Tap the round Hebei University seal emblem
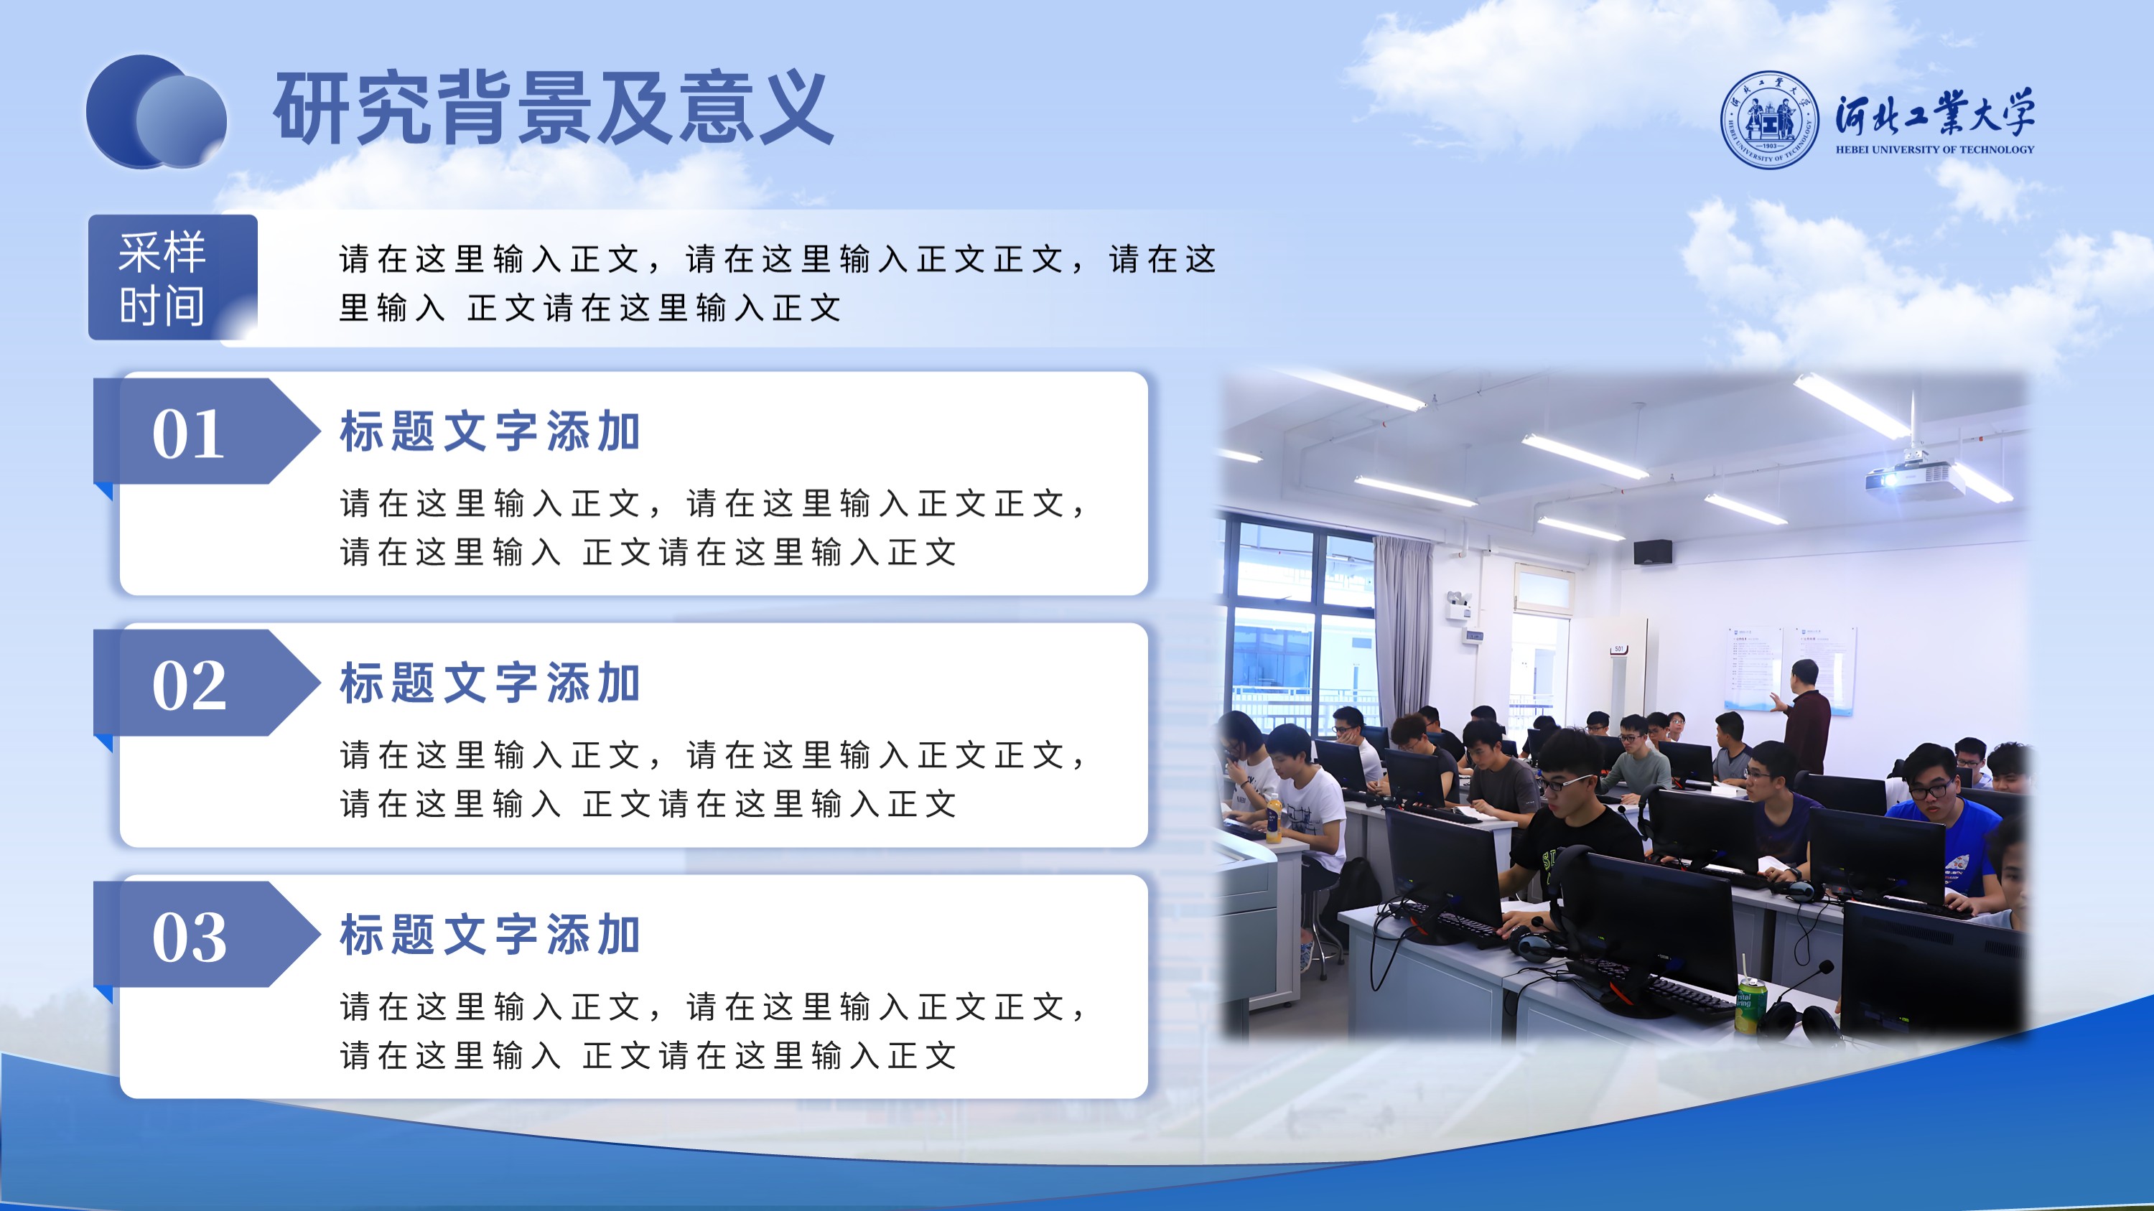click(x=1768, y=119)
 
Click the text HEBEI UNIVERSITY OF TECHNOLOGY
click(x=1935, y=149)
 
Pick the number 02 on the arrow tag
click(x=189, y=686)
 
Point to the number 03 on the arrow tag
click(x=189, y=938)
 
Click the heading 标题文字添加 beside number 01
click(x=490, y=431)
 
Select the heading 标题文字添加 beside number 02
click(x=490, y=683)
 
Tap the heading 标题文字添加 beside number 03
click(x=490, y=935)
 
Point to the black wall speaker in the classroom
click(x=1653, y=551)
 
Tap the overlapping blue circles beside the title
click(x=157, y=112)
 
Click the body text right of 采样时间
click(x=778, y=284)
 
